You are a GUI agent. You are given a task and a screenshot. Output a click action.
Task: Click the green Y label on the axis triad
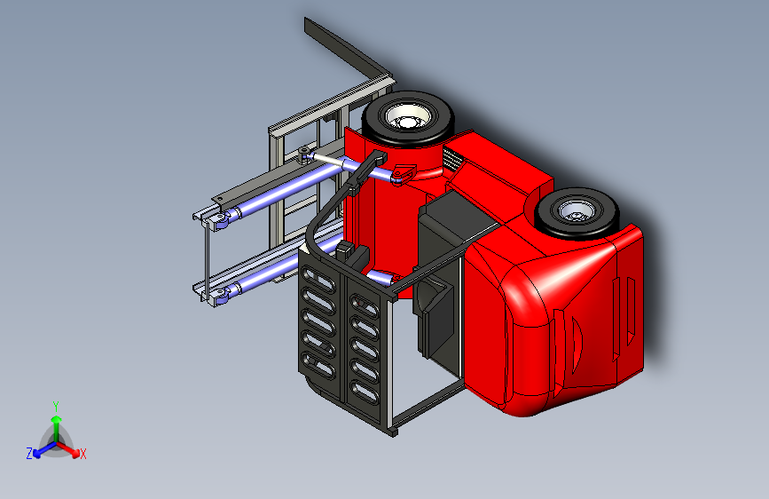click(x=55, y=405)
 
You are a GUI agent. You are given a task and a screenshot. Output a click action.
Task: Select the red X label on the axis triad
click(x=82, y=455)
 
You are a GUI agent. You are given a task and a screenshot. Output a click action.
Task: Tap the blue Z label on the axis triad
click(x=29, y=453)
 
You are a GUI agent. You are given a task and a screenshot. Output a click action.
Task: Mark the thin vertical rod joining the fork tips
click(x=207, y=257)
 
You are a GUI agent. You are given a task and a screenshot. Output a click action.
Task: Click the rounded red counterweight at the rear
click(x=550, y=320)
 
